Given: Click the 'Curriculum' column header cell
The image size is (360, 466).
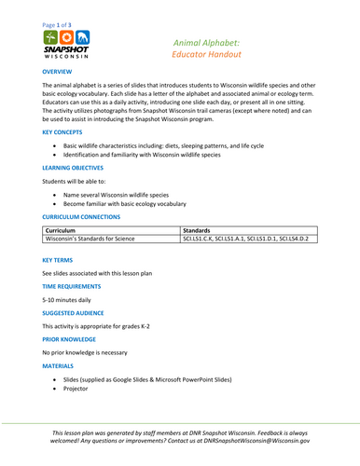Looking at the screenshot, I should pos(60,228).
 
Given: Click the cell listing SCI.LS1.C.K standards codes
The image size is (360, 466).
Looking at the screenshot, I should pos(245,239).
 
